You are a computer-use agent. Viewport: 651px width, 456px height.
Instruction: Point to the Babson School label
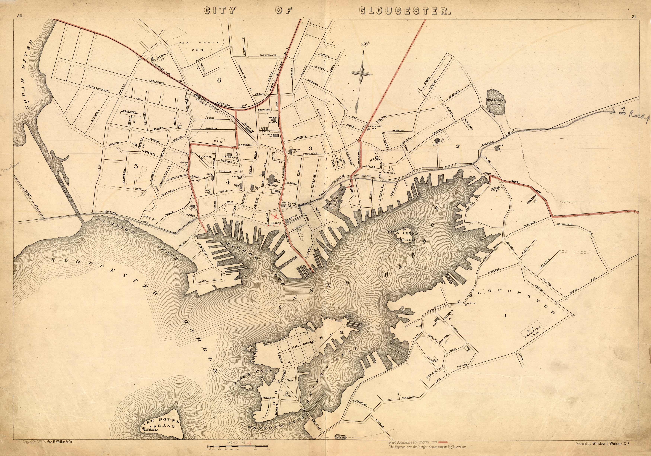(x=273, y=120)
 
